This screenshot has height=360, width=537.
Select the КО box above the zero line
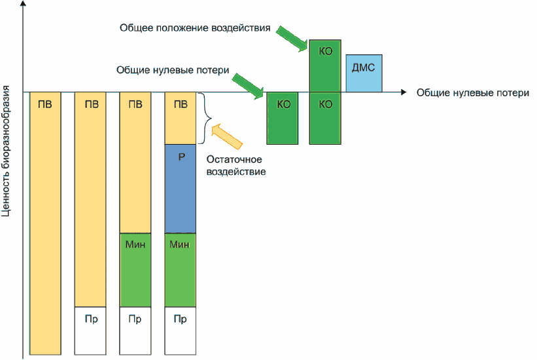pos(325,65)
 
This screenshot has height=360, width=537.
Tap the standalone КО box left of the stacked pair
pos(283,118)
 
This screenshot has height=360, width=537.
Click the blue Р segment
pos(181,188)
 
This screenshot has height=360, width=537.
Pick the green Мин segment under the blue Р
pos(181,270)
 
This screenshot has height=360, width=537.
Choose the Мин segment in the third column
pos(135,270)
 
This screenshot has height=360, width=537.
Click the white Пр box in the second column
pos(91,331)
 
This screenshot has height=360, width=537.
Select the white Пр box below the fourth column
pos(181,331)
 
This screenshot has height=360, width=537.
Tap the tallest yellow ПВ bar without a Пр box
pos(45,223)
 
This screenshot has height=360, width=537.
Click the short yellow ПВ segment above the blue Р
pos(181,118)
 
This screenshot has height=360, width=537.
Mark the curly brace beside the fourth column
pos(207,118)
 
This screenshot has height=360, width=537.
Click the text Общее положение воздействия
pos(196,29)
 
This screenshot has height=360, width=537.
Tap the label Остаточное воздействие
pos(236,166)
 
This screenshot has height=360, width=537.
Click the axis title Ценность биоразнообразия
pos(8,151)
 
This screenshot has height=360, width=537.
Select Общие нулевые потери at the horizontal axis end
pos(472,93)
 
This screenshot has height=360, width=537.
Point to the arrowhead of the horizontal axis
pos(403,92)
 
